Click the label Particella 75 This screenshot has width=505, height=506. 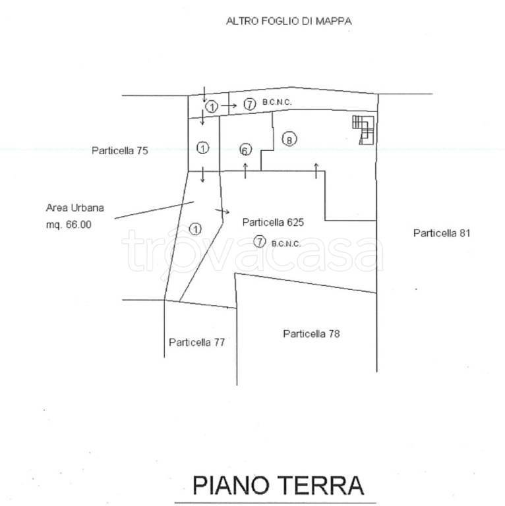pos(120,150)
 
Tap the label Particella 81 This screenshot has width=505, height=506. pos(442,233)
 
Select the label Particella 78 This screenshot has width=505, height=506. pos(311,333)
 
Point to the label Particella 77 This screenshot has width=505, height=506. pos(196,342)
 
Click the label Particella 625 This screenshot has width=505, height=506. pos(273,222)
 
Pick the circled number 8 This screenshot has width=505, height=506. pos(289,140)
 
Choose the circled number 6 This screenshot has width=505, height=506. pos(245,150)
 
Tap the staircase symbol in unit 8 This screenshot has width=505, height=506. pos(363,130)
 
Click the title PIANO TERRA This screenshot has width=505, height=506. pos(278,486)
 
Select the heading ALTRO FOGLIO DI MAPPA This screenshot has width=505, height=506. pos(289,21)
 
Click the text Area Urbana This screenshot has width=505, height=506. pos(75,208)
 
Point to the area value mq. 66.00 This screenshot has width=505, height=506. pos(69,224)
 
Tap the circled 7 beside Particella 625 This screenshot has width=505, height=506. pos(260,241)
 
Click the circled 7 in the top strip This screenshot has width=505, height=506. pos(249,104)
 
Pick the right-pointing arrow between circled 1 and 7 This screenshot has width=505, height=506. pos(229,105)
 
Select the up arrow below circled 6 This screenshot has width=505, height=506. pos(245,171)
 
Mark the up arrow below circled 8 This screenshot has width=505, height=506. pos(316,171)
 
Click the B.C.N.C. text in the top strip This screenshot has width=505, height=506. pos(277,102)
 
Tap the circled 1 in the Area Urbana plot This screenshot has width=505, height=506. pos(195,229)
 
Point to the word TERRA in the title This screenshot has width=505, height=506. pos(320,486)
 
